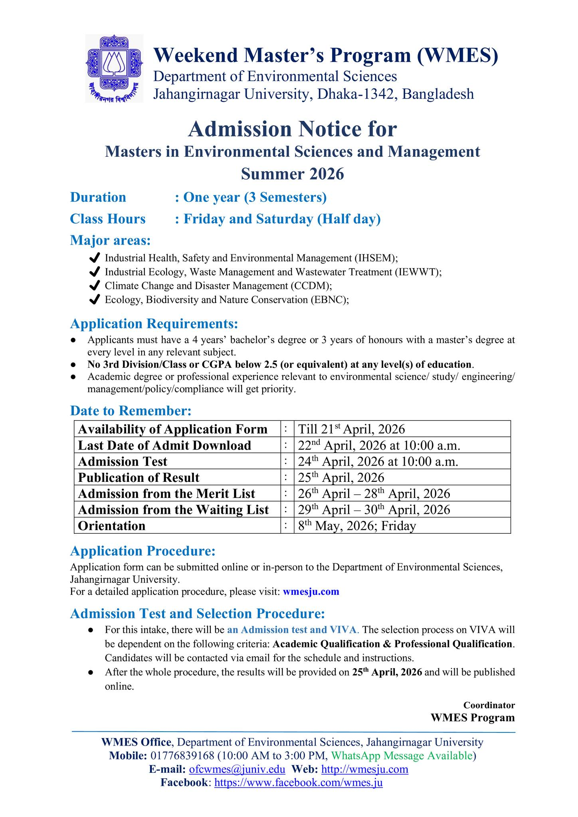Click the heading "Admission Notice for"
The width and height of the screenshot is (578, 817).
(x=293, y=129)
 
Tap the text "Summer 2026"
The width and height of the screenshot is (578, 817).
(x=293, y=174)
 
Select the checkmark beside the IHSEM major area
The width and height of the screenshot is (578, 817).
(x=95, y=258)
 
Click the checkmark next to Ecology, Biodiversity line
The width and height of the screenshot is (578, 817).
(x=95, y=300)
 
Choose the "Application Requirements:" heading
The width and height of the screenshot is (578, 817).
(x=154, y=324)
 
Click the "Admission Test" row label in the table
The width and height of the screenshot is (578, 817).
(x=123, y=462)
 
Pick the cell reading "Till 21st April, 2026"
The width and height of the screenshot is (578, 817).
(x=351, y=429)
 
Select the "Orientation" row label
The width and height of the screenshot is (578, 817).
(x=112, y=526)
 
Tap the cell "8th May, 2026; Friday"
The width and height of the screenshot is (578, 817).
(x=357, y=526)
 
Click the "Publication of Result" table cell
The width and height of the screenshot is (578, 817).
(x=139, y=478)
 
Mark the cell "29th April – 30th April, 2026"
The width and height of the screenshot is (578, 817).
(x=374, y=510)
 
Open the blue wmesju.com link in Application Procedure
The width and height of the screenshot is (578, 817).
(x=311, y=592)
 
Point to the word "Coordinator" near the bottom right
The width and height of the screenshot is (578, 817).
(x=489, y=705)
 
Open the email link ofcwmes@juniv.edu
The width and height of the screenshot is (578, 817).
(x=237, y=770)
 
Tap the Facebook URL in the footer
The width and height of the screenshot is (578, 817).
(x=299, y=783)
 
